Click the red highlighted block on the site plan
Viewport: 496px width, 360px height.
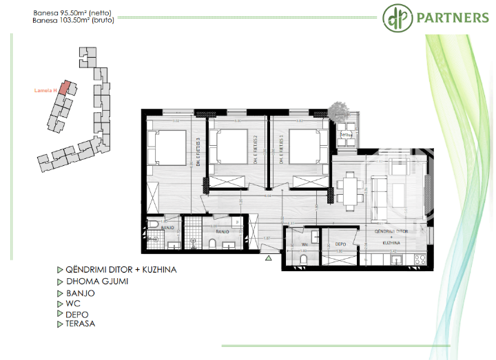pyautogui.click(x=63, y=87)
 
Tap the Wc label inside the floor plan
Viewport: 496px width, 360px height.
pyautogui.click(x=304, y=244)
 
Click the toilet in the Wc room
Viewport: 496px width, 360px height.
pyautogui.click(x=314, y=235)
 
